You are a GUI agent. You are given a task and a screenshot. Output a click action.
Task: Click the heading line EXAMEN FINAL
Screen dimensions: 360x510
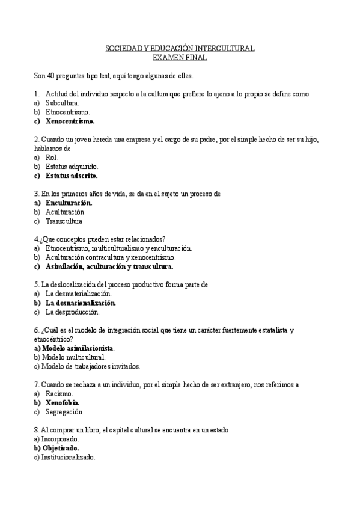(180, 58)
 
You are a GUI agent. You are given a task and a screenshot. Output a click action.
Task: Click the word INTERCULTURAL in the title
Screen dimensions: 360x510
(224, 48)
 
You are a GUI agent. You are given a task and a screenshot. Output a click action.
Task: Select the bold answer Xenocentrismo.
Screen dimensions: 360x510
(70, 121)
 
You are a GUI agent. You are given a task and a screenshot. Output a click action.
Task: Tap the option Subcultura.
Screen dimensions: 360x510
(62, 103)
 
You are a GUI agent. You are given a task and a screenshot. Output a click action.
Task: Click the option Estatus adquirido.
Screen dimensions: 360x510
(72, 167)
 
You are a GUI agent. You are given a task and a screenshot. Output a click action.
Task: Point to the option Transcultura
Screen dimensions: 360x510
(64, 221)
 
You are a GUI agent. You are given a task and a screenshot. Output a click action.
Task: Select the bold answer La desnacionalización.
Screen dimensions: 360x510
(81, 303)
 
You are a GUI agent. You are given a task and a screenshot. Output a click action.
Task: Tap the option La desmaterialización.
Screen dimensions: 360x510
(78, 294)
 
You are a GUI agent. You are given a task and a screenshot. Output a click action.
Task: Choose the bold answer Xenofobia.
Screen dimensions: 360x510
(63, 403)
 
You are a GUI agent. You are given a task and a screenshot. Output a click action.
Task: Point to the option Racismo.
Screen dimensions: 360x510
(59, 394)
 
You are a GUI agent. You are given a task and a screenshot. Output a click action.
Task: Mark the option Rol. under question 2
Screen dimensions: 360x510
(52, 158)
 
